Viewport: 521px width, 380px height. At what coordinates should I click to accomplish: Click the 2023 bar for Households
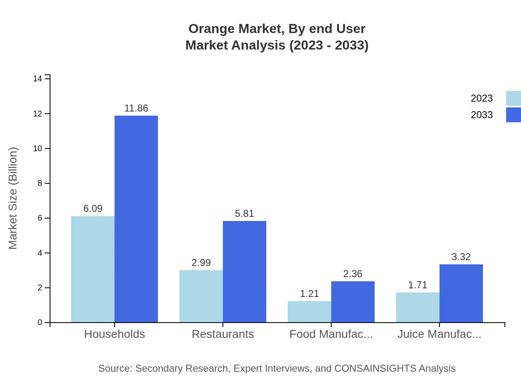pos(93,269)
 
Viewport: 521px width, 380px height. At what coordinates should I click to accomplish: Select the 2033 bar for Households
pos(136,219)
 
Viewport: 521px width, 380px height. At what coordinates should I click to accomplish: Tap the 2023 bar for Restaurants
pos(201,296)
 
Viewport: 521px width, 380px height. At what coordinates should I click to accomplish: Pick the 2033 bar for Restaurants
pos(244,271)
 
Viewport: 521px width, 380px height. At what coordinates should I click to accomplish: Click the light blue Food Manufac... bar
pos(309,311)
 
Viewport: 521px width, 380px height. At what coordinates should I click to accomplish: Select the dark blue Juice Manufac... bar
pos(461,293)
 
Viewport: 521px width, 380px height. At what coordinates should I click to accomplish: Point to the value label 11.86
pos(136,108)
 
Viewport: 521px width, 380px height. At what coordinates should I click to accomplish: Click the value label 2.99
pos(201,263)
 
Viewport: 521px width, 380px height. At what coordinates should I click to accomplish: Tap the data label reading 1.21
pos(309,294)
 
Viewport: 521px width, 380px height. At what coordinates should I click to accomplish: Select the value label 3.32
pos(461,257)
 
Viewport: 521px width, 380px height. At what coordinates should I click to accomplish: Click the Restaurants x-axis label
pos(222,334)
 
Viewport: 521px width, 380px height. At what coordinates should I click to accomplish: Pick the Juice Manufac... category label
pos(439,334)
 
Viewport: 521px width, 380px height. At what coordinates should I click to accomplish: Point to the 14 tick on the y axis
pos(38,79)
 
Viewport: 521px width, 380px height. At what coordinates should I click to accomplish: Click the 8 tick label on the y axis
pos(40,183)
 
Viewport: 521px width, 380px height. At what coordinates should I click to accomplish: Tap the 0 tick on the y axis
pos(40,323)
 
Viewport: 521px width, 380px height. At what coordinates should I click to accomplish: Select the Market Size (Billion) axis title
pos(13,198)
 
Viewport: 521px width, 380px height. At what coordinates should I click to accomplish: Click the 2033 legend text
pos(482,115)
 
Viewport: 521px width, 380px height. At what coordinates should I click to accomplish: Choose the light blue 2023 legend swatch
pos(513,98)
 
